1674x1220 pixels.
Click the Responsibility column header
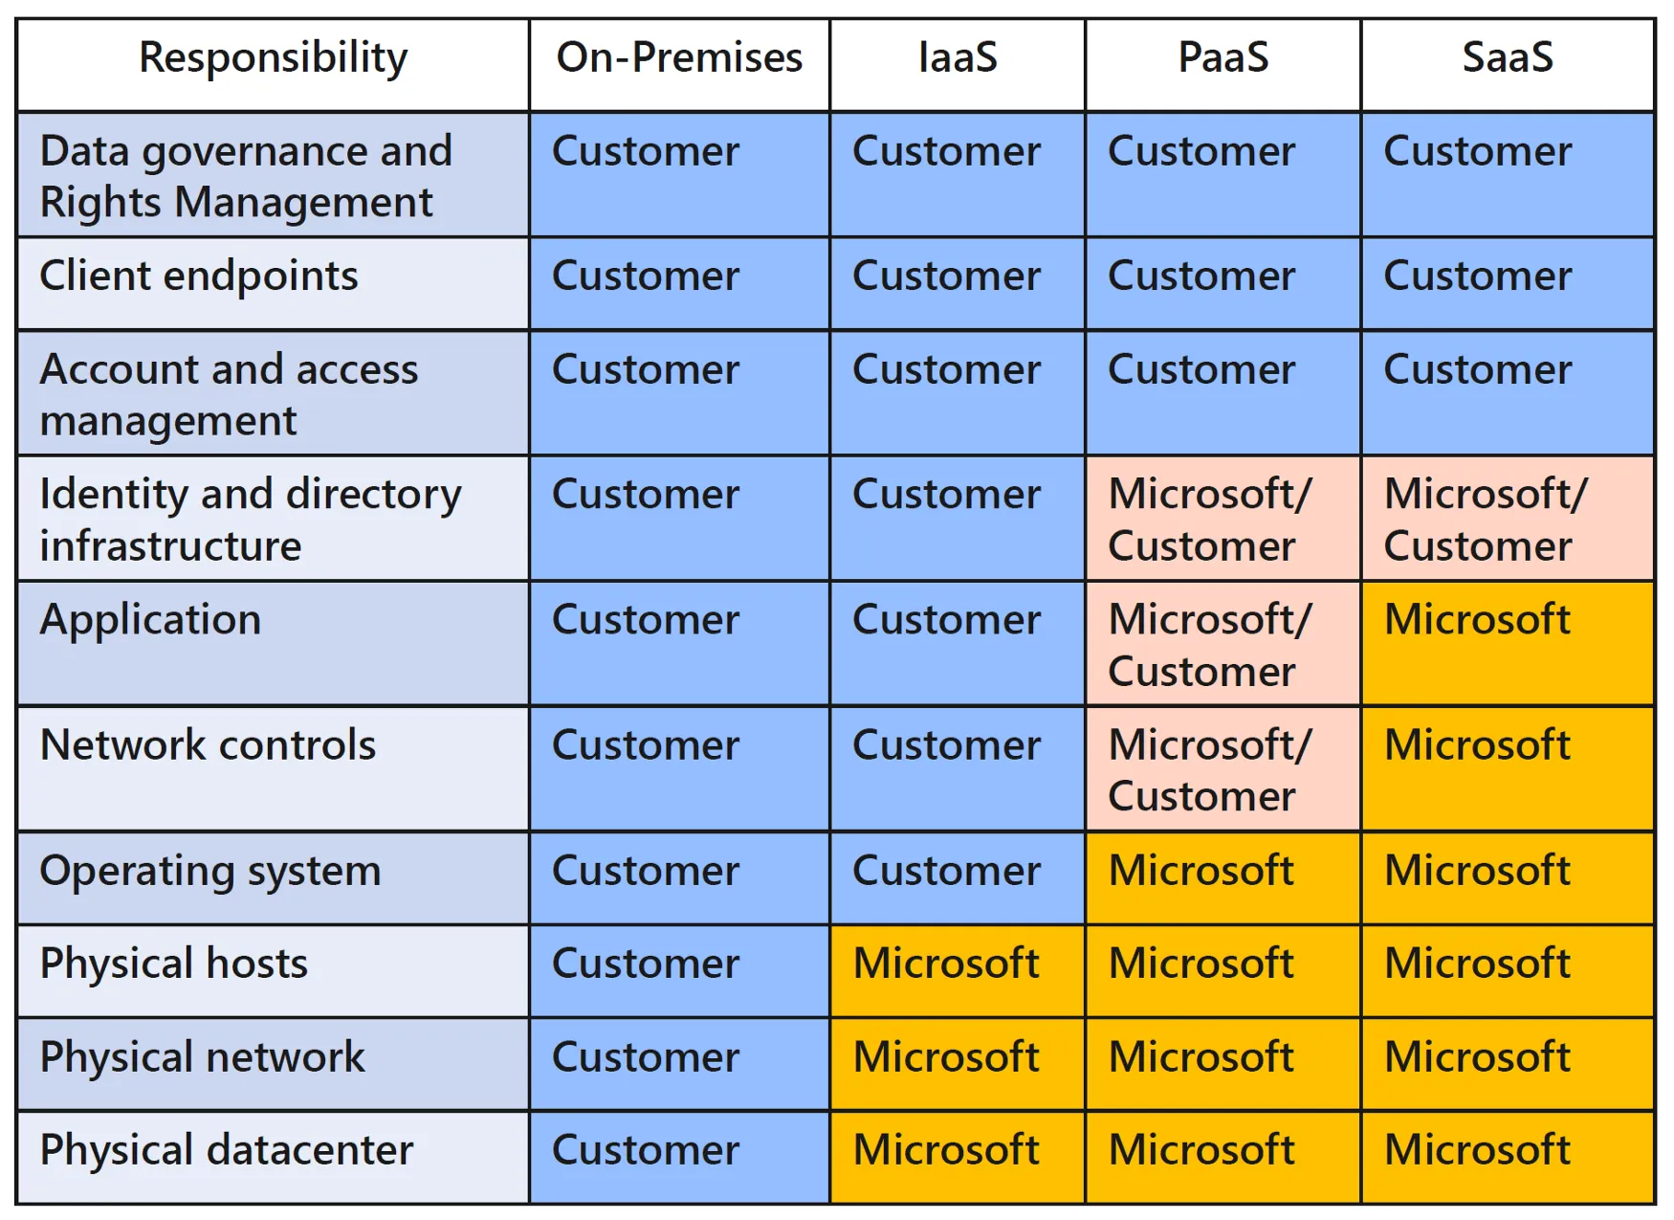(x=274, y=58)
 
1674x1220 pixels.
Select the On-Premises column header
(x=679, y=57)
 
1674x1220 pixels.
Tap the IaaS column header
(x=958, y=57)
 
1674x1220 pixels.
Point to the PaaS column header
(x=1223, y=57)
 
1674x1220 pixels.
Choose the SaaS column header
(x=1508, y=57)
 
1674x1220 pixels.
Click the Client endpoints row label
(x=199, y=277)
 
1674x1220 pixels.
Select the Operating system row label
(x=210, y=872)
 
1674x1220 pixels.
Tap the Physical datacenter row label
(x=227, y=1150)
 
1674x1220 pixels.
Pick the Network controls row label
(x=209, y=744)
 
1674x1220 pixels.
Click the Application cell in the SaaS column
(x=1509, y=644)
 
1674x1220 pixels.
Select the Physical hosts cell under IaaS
(x=958, y=970)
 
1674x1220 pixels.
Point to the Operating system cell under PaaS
(x=1223, y=877)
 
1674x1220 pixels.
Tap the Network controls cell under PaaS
(x=1223, y=768)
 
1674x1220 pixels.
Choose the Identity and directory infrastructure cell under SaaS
(x=1509, y=518)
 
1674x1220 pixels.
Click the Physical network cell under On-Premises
(x=680, y=1063)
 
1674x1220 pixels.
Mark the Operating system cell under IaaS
(x=958, y=877)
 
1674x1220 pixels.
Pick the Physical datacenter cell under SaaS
(x=1509, y=1157)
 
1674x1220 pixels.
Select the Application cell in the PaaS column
(x=1223, y=644)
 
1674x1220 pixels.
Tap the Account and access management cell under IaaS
(x=958, y=392)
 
